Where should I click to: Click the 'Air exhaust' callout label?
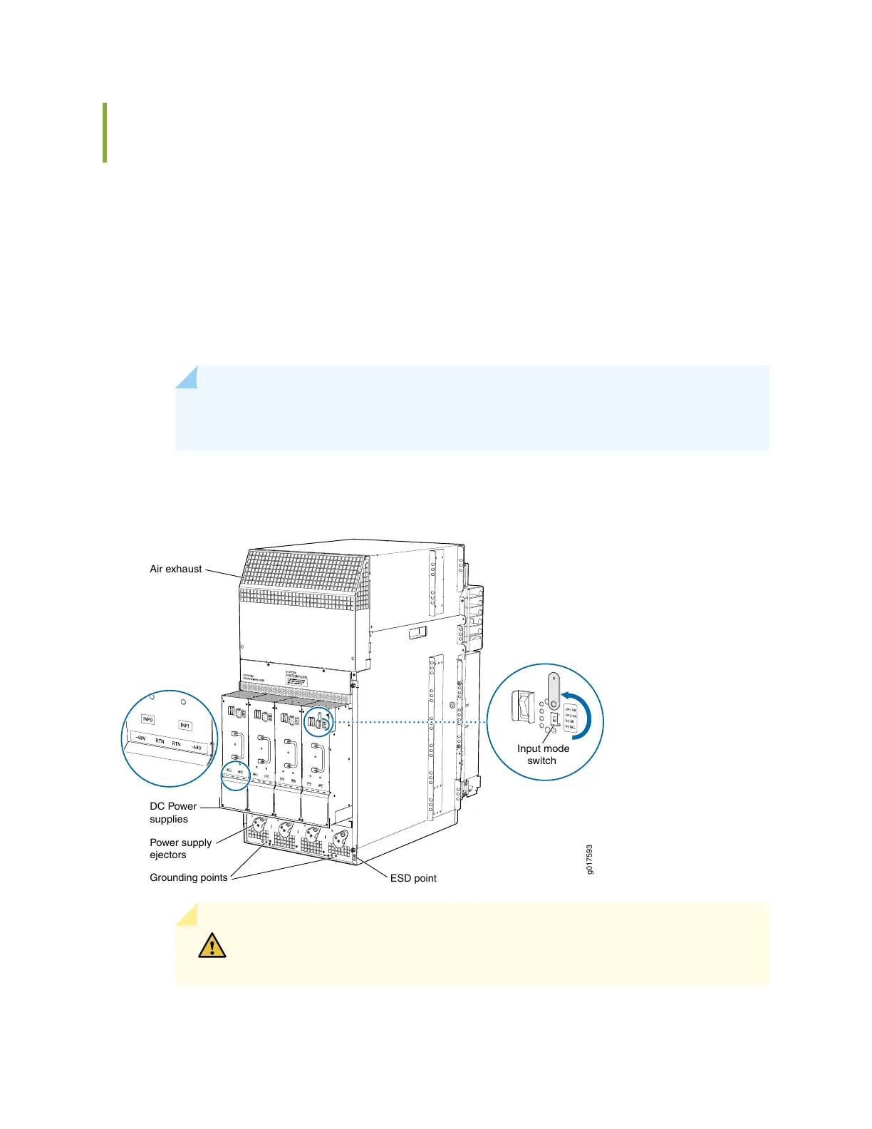(175, 569)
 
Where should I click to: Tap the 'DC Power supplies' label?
(172, 813)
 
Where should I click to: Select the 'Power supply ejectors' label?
(180, 848)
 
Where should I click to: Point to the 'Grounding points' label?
(188, 877)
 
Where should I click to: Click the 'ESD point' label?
(413, 878)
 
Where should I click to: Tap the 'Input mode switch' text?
(543, 754)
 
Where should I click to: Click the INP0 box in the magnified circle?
(148, 719)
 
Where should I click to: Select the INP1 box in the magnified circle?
(185, 726)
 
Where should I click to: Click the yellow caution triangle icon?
(212, 946)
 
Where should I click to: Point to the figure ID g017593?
(589, 860)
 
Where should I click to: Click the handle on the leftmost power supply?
(236, 746)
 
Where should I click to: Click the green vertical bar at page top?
(105, 133)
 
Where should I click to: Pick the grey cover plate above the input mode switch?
(552, 689)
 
